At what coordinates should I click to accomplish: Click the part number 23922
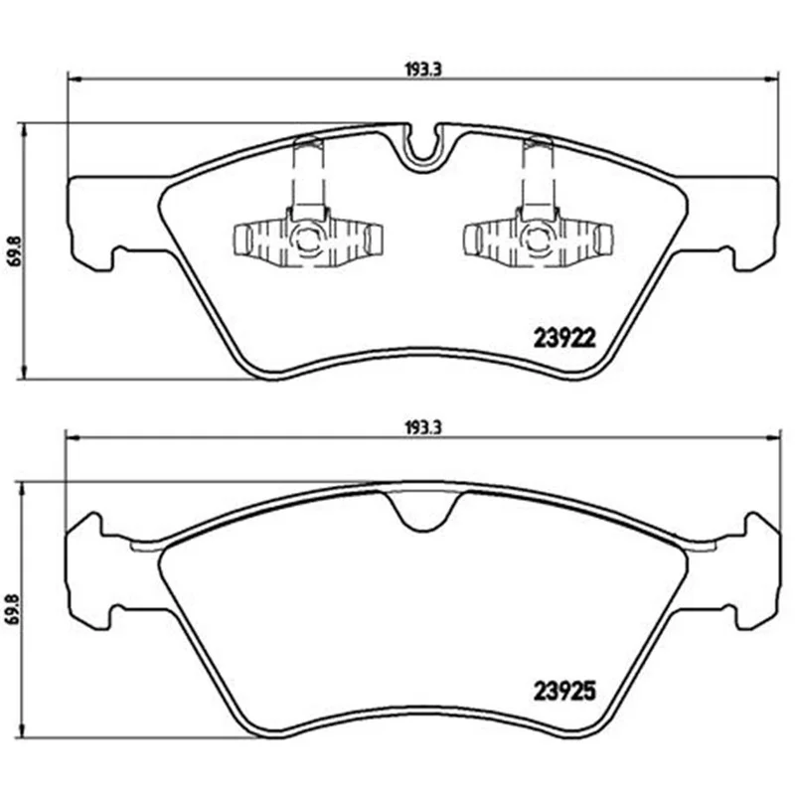tap(564, 338)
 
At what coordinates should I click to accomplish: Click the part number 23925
tap(564, 691)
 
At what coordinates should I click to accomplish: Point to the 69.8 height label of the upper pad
tap(13, 250)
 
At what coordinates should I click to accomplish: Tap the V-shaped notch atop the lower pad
tap(424, 512)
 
